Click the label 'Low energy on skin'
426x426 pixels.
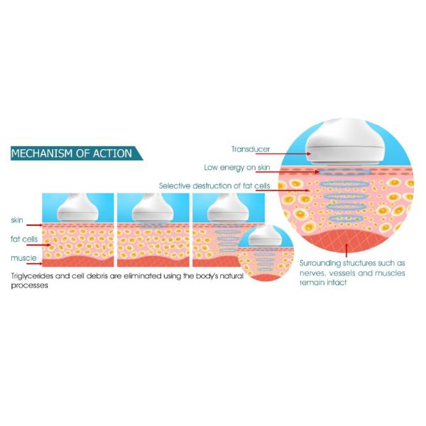[235, 168]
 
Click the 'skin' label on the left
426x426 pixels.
[18, 219]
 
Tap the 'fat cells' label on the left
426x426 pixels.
[24, 239]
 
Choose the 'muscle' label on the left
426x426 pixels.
[22, 258]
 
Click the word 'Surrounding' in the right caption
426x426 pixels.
[324, 262]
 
